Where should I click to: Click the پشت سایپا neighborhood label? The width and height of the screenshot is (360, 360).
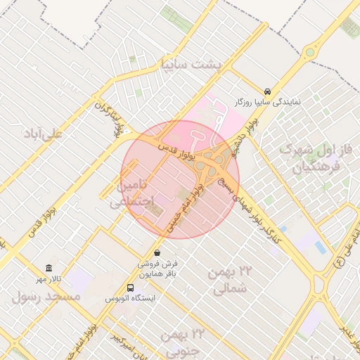coord(191,65)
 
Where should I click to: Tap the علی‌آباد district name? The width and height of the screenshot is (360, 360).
coord(43,132)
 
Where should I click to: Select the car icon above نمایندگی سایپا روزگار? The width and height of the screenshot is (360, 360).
coord(268,91)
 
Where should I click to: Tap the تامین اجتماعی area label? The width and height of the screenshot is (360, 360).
coord(131,194)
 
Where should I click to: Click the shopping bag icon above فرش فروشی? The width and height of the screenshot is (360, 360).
coord(156,252)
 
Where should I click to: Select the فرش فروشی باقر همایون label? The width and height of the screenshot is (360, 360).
coord(156,268)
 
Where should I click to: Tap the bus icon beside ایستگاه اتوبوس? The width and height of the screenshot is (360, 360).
coord(130,288)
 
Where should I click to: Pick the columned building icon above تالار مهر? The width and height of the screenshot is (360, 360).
coord(49,269)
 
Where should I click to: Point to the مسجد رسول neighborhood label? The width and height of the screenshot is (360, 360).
coord(46,297)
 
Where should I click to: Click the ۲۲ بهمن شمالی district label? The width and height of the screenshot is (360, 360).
coord(230,279)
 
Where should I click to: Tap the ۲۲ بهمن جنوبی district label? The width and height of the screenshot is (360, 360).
coord(181,341)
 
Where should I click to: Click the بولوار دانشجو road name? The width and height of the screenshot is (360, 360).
coord(247,131)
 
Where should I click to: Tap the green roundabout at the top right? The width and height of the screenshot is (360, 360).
coord(309,51)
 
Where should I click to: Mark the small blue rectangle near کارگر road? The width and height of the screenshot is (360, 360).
coord(321,247)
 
